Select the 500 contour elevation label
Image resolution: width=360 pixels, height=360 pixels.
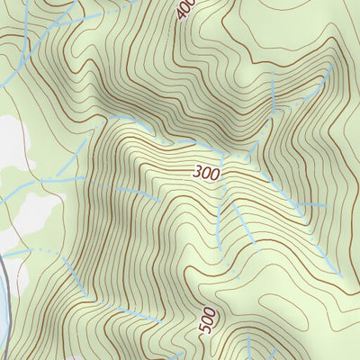click(x=206, y=323)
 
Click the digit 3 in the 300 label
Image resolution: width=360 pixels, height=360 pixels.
click(x=196, y=172)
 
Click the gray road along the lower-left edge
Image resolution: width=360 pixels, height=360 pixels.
click(x=4, y=270)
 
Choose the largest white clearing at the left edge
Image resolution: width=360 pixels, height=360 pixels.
click(x=11, y=144)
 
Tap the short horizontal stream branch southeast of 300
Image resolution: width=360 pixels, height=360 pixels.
click(x=310, y=205)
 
